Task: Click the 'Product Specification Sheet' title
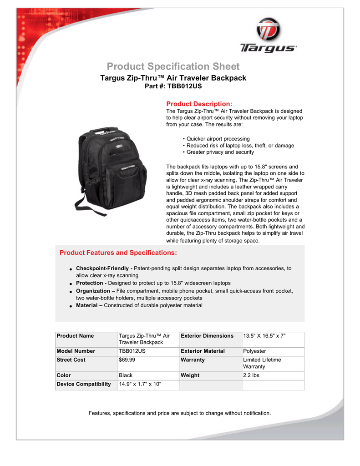[173, 66]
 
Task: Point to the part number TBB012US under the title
[173, 86]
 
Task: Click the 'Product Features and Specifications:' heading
[118, 253]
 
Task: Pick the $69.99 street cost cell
[127, 360]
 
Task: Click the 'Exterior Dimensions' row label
[207, 336]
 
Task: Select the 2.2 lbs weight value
[252, 375]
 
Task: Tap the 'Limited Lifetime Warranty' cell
[262, 363]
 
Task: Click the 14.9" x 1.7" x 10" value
[140, 384]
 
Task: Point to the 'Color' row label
[64, 375]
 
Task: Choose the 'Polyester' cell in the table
[255, 351]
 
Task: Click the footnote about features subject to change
[180, 413]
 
